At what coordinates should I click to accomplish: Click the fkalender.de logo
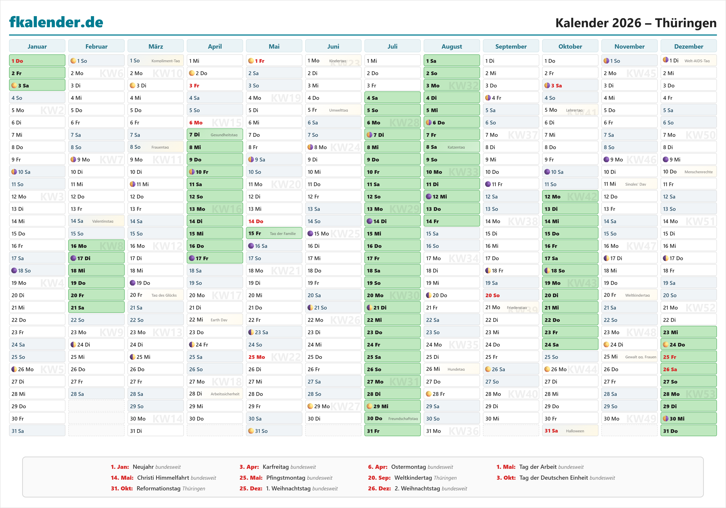click(56, 22)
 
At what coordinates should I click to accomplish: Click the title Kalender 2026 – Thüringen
click(636, 23)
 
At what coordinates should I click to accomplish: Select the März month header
click(156, 46)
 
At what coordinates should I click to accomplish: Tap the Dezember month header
click(688, 46)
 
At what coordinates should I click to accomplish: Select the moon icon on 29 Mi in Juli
click(369, 406)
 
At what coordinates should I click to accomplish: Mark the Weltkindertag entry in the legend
click(414, 478)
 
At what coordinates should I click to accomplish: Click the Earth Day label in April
click(219, 320)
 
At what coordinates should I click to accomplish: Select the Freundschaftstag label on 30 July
click(403, 419)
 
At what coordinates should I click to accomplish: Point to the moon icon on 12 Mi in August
click(429, 197)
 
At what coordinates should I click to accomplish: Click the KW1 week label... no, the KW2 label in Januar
click(52, 110)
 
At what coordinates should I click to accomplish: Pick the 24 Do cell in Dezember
click(688, 345)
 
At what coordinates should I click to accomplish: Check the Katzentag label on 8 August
click(456, 147)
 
